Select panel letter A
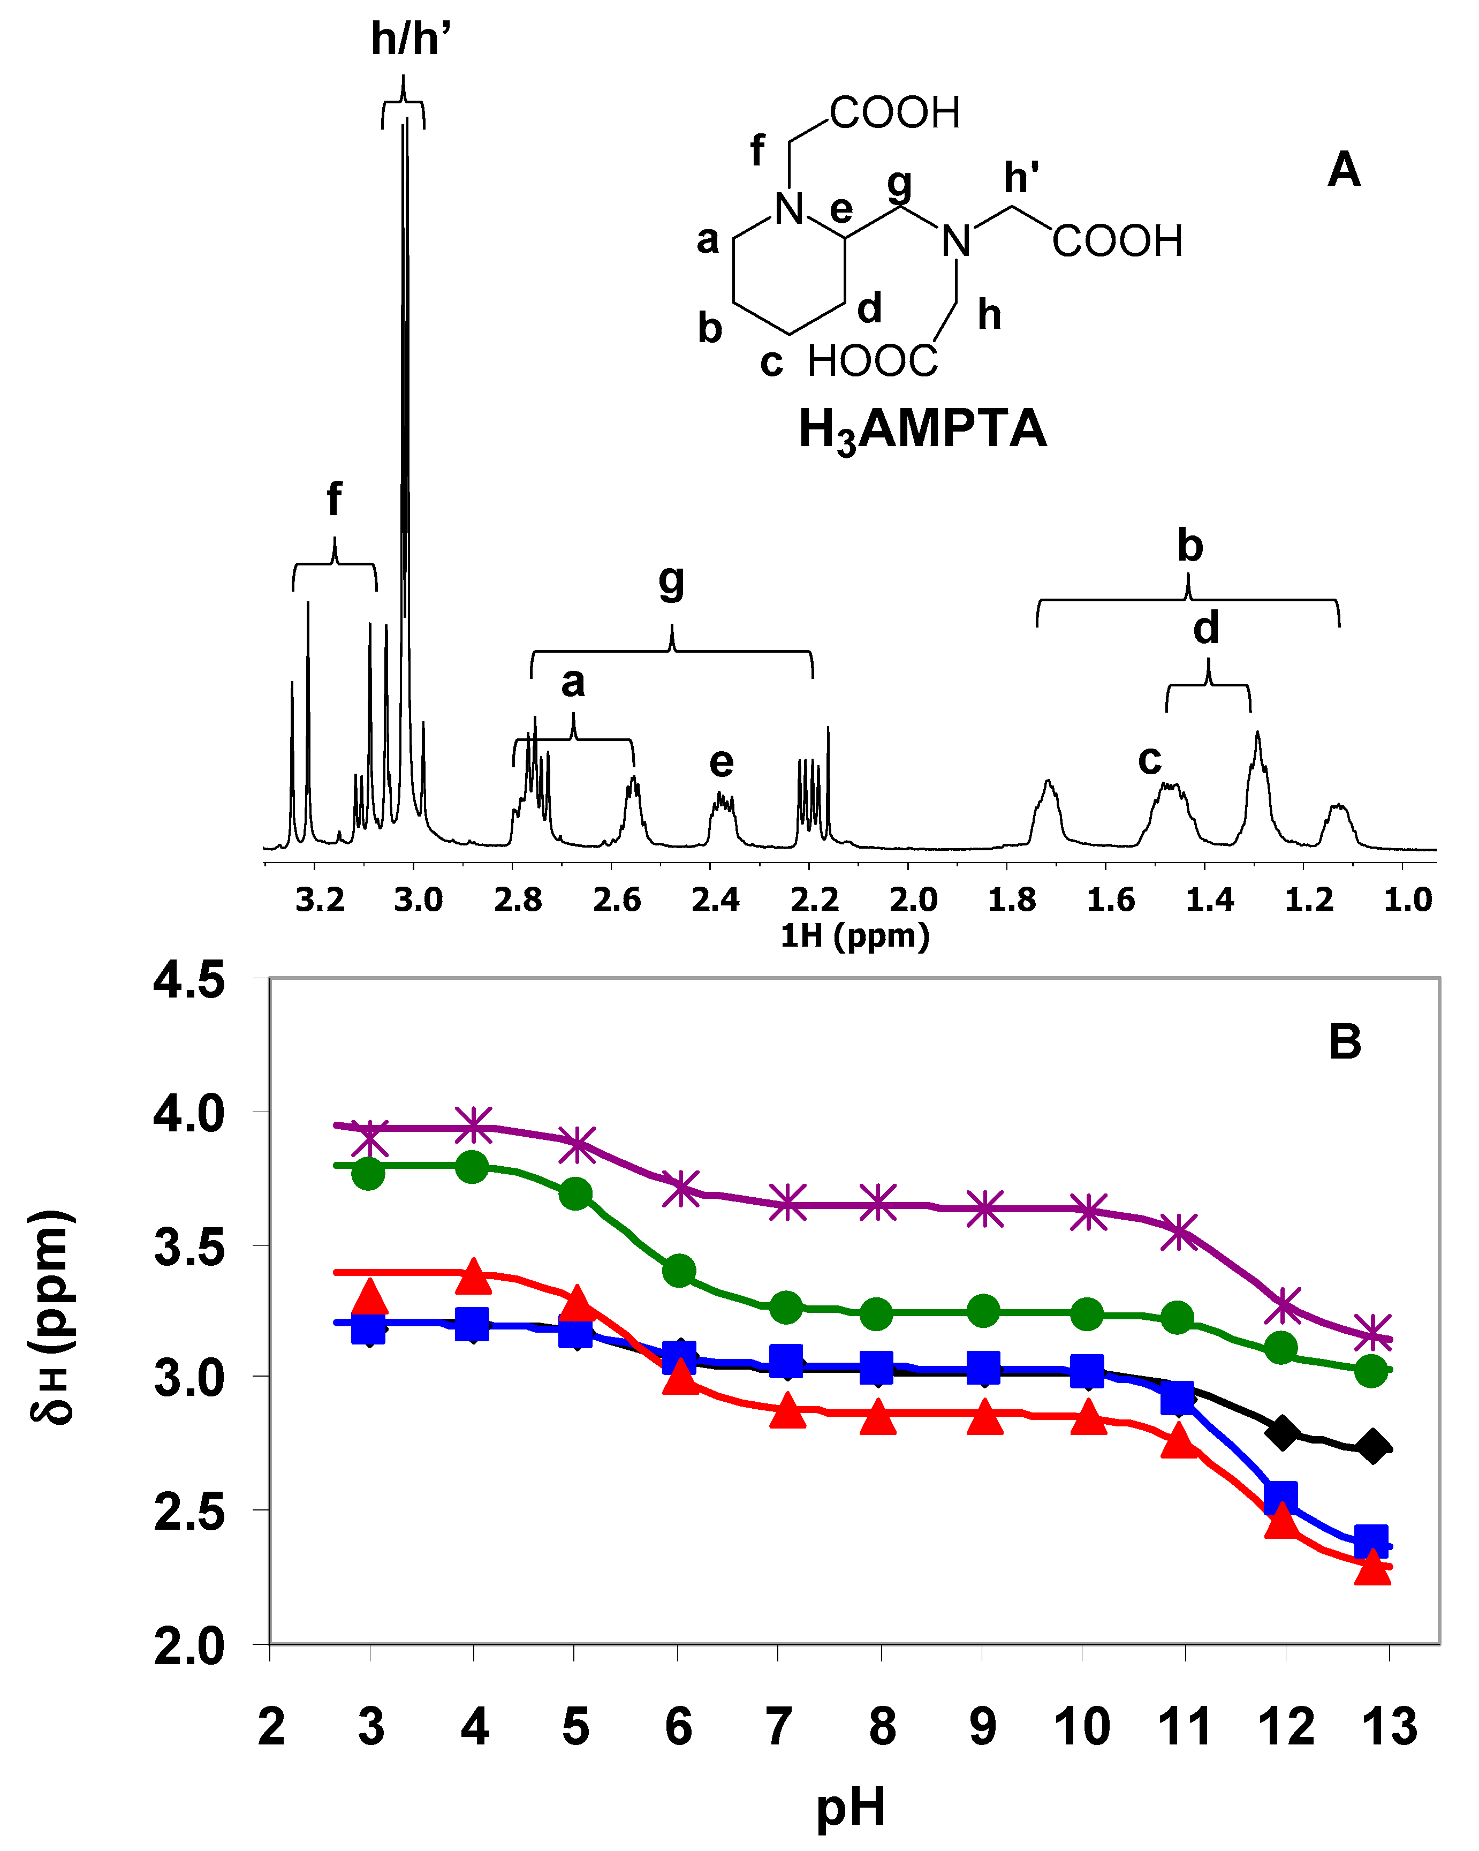pos(1344,170)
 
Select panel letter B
pos(1344,1042)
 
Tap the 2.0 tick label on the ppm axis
pos(913,900)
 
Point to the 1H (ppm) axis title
pos(854,936)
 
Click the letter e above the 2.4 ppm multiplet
pos(721,762)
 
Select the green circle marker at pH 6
pos(679,1271)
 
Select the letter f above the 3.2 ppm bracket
pos(334,499)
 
